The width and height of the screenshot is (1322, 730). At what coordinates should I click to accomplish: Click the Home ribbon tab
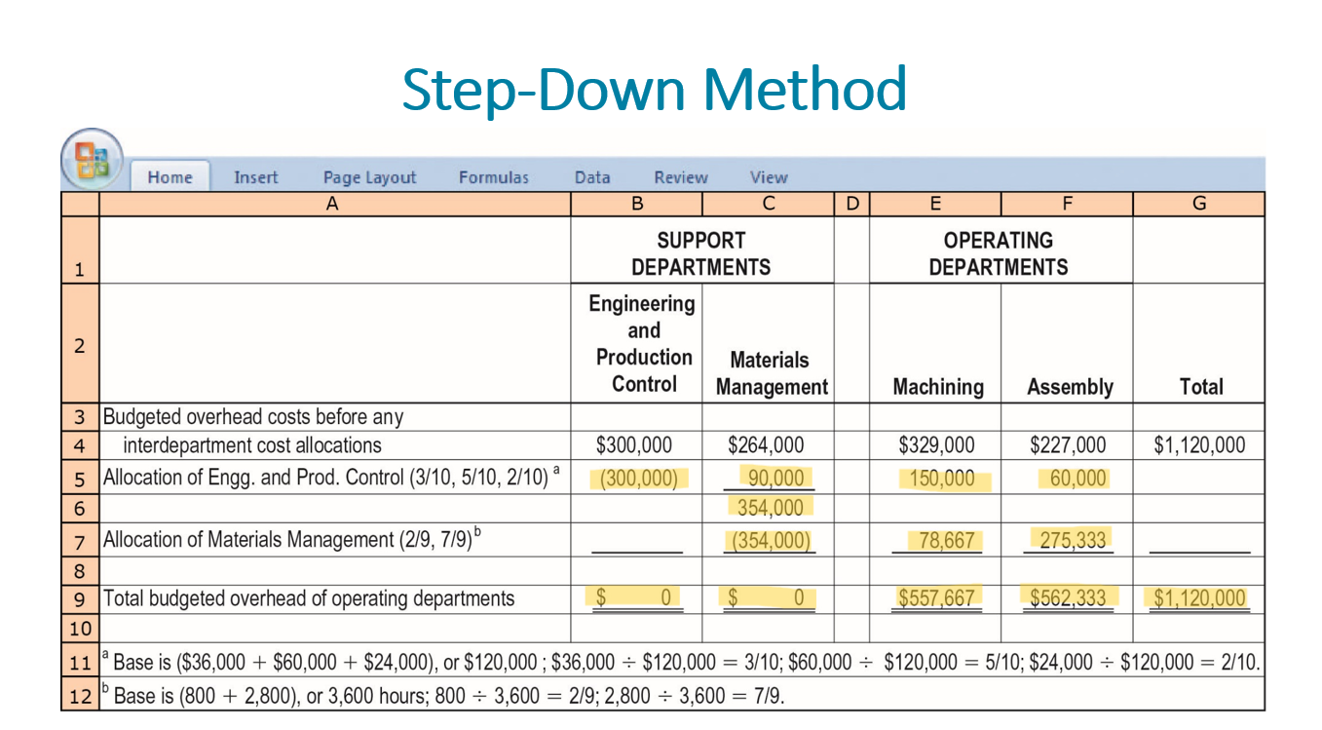tap(170, 177)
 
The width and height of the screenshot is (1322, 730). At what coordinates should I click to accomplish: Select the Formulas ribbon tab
tap(494, 177)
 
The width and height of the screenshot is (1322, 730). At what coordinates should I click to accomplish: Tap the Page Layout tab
tap(369, 177)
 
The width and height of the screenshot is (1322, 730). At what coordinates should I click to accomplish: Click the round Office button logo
tap(92, 159)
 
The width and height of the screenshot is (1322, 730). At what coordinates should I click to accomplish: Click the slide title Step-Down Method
tap(654, 89)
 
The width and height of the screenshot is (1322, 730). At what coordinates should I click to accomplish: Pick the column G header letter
tap(1199, 204)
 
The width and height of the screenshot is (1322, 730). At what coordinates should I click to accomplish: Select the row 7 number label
tap(80, 541)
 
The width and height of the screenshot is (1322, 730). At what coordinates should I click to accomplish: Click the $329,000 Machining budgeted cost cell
tap(936, 445)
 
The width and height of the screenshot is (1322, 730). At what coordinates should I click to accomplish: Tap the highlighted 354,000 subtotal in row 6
tap(770, 508)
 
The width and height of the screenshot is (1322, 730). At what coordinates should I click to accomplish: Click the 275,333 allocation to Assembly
tap(1073, 540)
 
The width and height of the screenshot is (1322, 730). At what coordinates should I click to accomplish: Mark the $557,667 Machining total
tap(936, 598)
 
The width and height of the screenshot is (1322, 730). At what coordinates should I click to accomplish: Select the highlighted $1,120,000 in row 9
tap(1199, 598)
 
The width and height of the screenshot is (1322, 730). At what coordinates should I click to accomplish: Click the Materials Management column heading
tap(771, 373)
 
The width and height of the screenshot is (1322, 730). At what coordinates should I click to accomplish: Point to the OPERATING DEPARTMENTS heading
tap(999, 253)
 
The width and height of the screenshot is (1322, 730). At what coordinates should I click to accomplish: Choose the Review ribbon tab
tap(681, 177)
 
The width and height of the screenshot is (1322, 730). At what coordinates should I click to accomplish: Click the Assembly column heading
tap(1070, 387)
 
